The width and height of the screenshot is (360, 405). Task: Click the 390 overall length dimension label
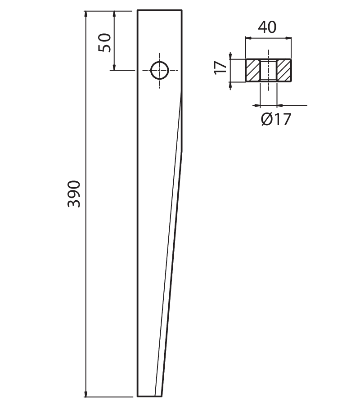pyautogui.click(x=74, y=194)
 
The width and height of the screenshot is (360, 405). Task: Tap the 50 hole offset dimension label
pyautogui.click(x=104, y=43)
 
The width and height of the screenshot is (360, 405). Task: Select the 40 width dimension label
pyautogui.click(x=267, y=27)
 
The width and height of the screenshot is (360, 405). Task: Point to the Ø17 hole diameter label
pyautogui.click(x=276, y=119)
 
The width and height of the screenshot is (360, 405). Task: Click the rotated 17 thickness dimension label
pyautogui.click(x=220, y=67)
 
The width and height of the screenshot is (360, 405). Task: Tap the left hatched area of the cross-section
pyautogui.click(x=253, y=70)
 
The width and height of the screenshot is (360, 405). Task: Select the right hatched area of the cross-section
pyautogui.click(x=284, y=70)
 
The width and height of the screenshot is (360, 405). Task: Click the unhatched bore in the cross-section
pyautogui.click(x=268, y=70)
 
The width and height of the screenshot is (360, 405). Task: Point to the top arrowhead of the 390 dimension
pyautogui.click(x=86, y=14)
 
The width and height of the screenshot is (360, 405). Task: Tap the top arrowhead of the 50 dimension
pyautogui.click(x=114, y=14)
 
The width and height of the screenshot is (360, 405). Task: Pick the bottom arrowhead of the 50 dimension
pyautogui.click(x=114, y=67)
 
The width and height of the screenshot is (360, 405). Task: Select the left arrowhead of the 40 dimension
pyautogui.click(x=248, y=38)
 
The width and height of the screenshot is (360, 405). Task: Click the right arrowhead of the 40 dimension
pyautogui.click(x=288, y=38)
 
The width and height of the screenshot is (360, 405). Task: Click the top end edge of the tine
pyautogui.click(x=160, y=10)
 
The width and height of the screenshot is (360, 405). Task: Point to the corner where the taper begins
pyautogui.click(x=182, y=151)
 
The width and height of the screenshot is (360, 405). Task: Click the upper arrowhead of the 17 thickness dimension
pyautogui.click(x=230, y=56)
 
